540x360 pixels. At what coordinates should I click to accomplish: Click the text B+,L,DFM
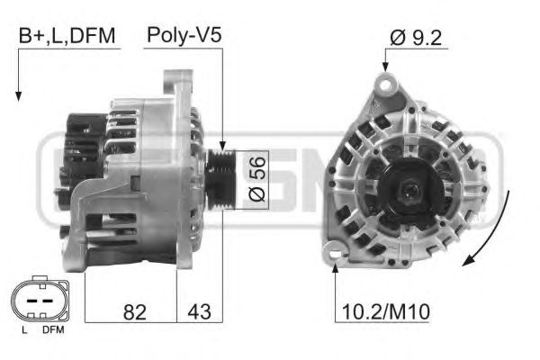pos(67,36)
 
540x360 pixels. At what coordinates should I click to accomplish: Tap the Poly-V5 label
pos(184,35)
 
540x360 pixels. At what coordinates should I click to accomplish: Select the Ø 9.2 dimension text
pos(416,38)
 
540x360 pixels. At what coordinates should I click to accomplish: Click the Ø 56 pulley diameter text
pos(257,179)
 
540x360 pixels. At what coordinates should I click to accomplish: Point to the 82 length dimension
pos(135,312)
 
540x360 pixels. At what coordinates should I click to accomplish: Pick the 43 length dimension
pos(199,311)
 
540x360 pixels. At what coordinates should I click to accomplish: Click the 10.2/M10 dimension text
pos(386,311)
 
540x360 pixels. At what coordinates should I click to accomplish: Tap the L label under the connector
pos(23,330)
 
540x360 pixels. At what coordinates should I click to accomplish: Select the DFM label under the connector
pos(53,330)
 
